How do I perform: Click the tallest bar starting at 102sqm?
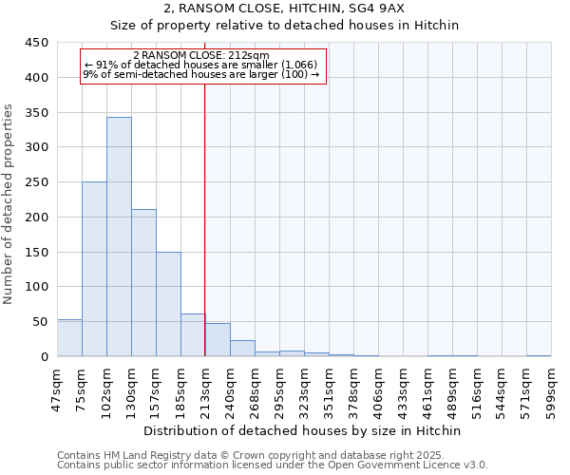tap(119, 237)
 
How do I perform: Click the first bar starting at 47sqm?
tap(69, 338)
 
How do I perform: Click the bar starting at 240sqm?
tap(242, 349)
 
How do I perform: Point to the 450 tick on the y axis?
tap(37, 43)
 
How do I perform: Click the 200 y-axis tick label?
tap(37, 218)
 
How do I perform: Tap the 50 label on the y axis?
tap(41, 322)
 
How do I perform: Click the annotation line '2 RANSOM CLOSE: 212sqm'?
tap(201, 56)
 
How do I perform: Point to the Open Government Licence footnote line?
tap(273, 465)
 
